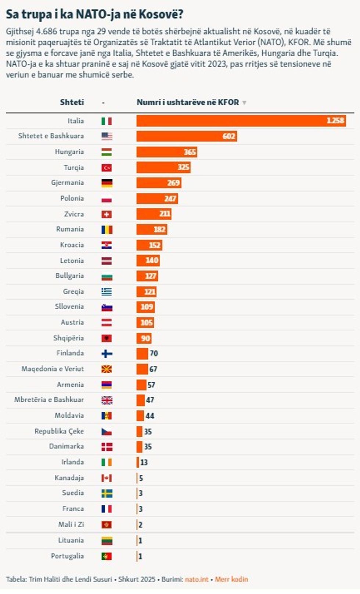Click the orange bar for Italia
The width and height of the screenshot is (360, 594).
(241, 121)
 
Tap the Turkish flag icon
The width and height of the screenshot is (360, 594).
(107, 168)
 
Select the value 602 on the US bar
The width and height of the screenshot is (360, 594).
(228, 136)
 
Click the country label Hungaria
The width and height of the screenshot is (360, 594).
(69, 152)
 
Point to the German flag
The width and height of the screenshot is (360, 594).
(107, 183)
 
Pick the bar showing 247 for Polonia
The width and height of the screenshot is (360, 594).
(157, 199)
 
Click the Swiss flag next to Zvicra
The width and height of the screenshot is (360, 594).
(107, 214)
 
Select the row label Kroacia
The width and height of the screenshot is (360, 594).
(72, 245)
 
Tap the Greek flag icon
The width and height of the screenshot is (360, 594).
(107, 292)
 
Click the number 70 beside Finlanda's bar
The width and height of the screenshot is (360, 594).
(154, 354)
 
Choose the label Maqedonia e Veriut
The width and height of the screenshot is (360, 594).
(53, 369)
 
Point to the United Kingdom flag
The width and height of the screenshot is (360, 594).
(107, 400)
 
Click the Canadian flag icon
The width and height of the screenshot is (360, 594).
(107, 478)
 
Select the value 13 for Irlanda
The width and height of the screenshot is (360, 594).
(144, 462)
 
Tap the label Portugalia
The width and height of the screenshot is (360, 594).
(67, 556)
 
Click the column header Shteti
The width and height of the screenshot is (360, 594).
(72, 102)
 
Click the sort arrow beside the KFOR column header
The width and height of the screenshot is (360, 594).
(244, 103)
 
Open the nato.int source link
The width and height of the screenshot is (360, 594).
(197, 579)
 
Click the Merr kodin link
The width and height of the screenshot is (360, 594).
(231, 579)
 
